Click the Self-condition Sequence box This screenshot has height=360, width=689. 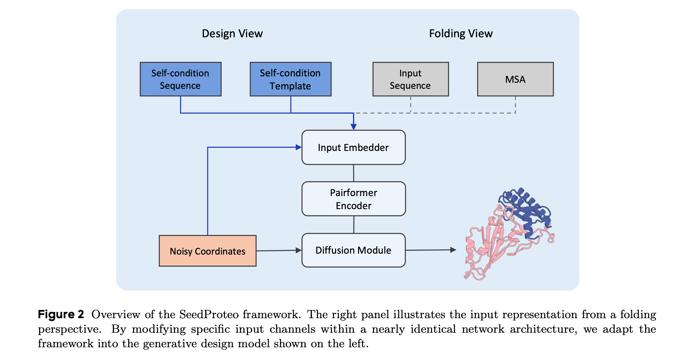tap(181, 79)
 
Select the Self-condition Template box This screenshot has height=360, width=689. tap(291, 79)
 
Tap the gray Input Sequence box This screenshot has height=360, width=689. tap(411, 79)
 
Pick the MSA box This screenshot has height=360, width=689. tap(515, 79)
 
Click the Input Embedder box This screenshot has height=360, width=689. tap(354, 148)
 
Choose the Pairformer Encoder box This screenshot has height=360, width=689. tap(354, 199)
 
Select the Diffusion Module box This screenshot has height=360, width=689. tap(354, 250)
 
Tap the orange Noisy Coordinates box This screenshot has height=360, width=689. tap(208, 251)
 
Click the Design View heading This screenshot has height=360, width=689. tap(232, 33)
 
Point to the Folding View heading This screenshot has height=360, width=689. tap(461, 33)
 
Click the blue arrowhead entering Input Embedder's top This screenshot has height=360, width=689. tap(354, 127)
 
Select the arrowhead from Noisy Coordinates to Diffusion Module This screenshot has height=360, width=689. tap(298, 250)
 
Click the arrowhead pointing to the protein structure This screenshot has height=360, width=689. tap(453, 250)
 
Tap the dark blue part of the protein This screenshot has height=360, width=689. tap(524, 212)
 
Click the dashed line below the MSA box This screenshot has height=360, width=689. tap(515, 105)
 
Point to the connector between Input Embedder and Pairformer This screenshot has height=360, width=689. tap(354, 173)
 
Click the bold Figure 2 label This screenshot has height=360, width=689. tap(61, 315)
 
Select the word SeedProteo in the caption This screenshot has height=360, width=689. tap(209, 315)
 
